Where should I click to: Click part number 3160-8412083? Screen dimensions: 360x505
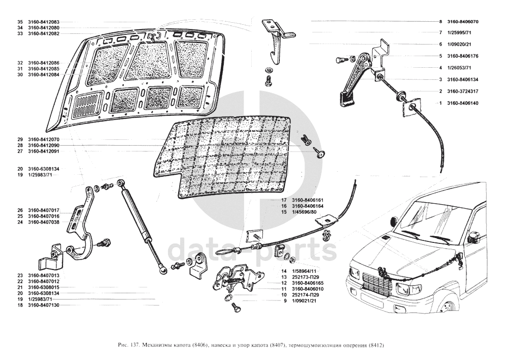click(44, 22)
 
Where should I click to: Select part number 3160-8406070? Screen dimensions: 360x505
click(462, 22)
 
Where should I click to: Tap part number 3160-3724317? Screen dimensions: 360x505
click(462, 91)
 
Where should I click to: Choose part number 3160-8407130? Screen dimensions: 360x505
click(44, 306)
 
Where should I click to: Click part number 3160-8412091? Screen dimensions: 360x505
click(44, 151)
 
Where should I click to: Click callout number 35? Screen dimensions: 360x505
click(20, 22)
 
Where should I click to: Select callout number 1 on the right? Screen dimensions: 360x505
click(441, 103)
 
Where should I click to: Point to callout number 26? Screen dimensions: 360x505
click(20, 210)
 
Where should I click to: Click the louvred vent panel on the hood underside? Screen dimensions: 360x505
click(88, 105)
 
